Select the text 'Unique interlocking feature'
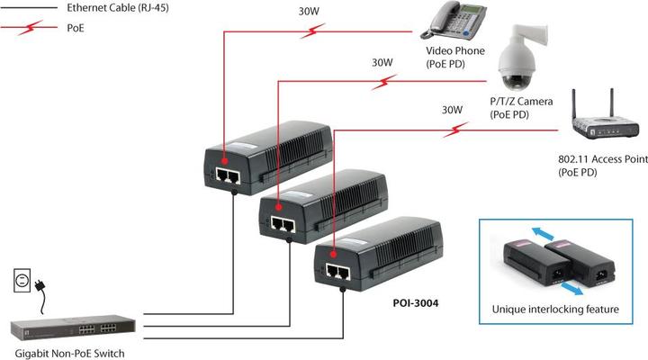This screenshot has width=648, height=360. [555, 310]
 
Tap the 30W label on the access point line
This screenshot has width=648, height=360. [452, 111]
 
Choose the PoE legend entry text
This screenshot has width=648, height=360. [76, 28]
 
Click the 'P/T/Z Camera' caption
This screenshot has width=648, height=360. [521, 102]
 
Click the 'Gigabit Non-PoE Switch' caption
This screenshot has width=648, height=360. [69, 353]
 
